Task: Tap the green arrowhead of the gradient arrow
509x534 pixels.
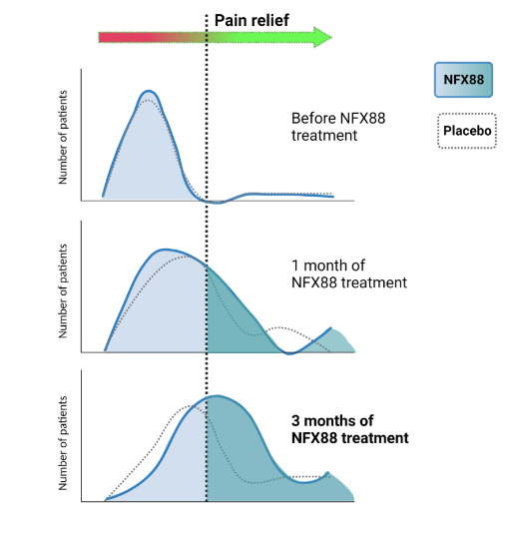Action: tap(321, 38)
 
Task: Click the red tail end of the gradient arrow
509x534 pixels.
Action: tap(104, 38)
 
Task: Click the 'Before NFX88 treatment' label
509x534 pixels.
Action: tap(337, 126)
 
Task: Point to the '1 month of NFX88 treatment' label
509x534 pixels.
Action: tap(348, 274)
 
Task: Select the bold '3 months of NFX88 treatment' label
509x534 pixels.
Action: tap(349, 429)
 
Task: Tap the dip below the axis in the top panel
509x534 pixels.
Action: tap(215, 202)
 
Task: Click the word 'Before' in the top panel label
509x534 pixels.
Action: tap(312, 118)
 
